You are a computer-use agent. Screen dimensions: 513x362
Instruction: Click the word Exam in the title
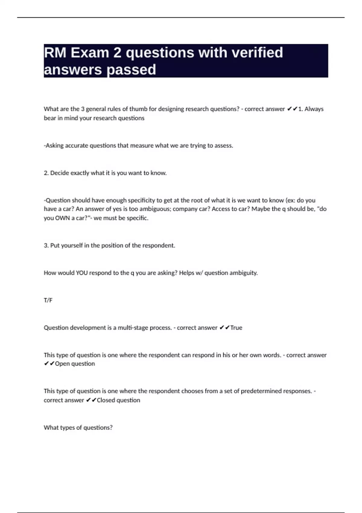coord(90,53)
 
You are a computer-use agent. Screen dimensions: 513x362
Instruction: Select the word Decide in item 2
coord(59,173)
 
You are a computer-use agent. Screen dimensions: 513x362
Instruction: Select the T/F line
coord(48,300)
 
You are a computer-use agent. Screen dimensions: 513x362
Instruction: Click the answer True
coord(236,328)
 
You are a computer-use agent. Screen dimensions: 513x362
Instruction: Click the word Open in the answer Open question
coord(62,364)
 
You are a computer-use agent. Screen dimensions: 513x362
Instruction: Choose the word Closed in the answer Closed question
coord(106,400)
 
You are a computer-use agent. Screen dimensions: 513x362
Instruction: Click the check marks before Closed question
coord(91,400)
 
